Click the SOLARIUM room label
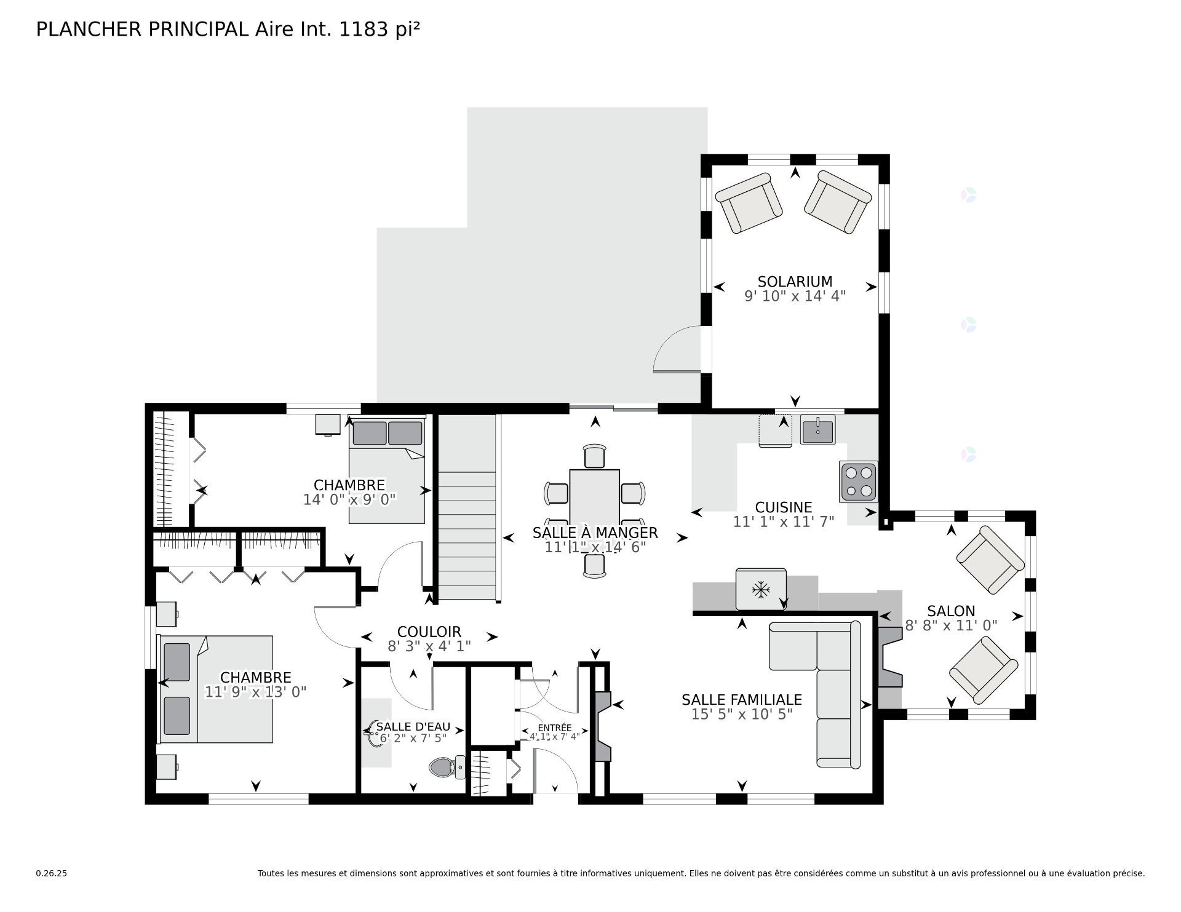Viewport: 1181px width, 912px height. tap(795, 282)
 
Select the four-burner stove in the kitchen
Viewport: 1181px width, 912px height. tap(859, 482)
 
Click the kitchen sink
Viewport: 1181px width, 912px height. tap(817, 429)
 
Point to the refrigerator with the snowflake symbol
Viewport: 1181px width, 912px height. tap(761, 590)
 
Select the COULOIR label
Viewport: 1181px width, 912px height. tap(429, 632)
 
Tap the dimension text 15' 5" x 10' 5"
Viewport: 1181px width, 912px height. tap(742, 714)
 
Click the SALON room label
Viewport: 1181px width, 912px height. tap(951, 611)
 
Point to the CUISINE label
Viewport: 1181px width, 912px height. tap(784, 507)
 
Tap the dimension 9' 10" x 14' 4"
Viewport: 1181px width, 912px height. tap(795, 296)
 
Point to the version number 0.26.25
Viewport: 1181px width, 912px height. tap(51, 873)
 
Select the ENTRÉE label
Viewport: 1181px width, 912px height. tap(554, 728)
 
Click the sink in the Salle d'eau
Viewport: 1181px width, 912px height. tap(376, 732)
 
